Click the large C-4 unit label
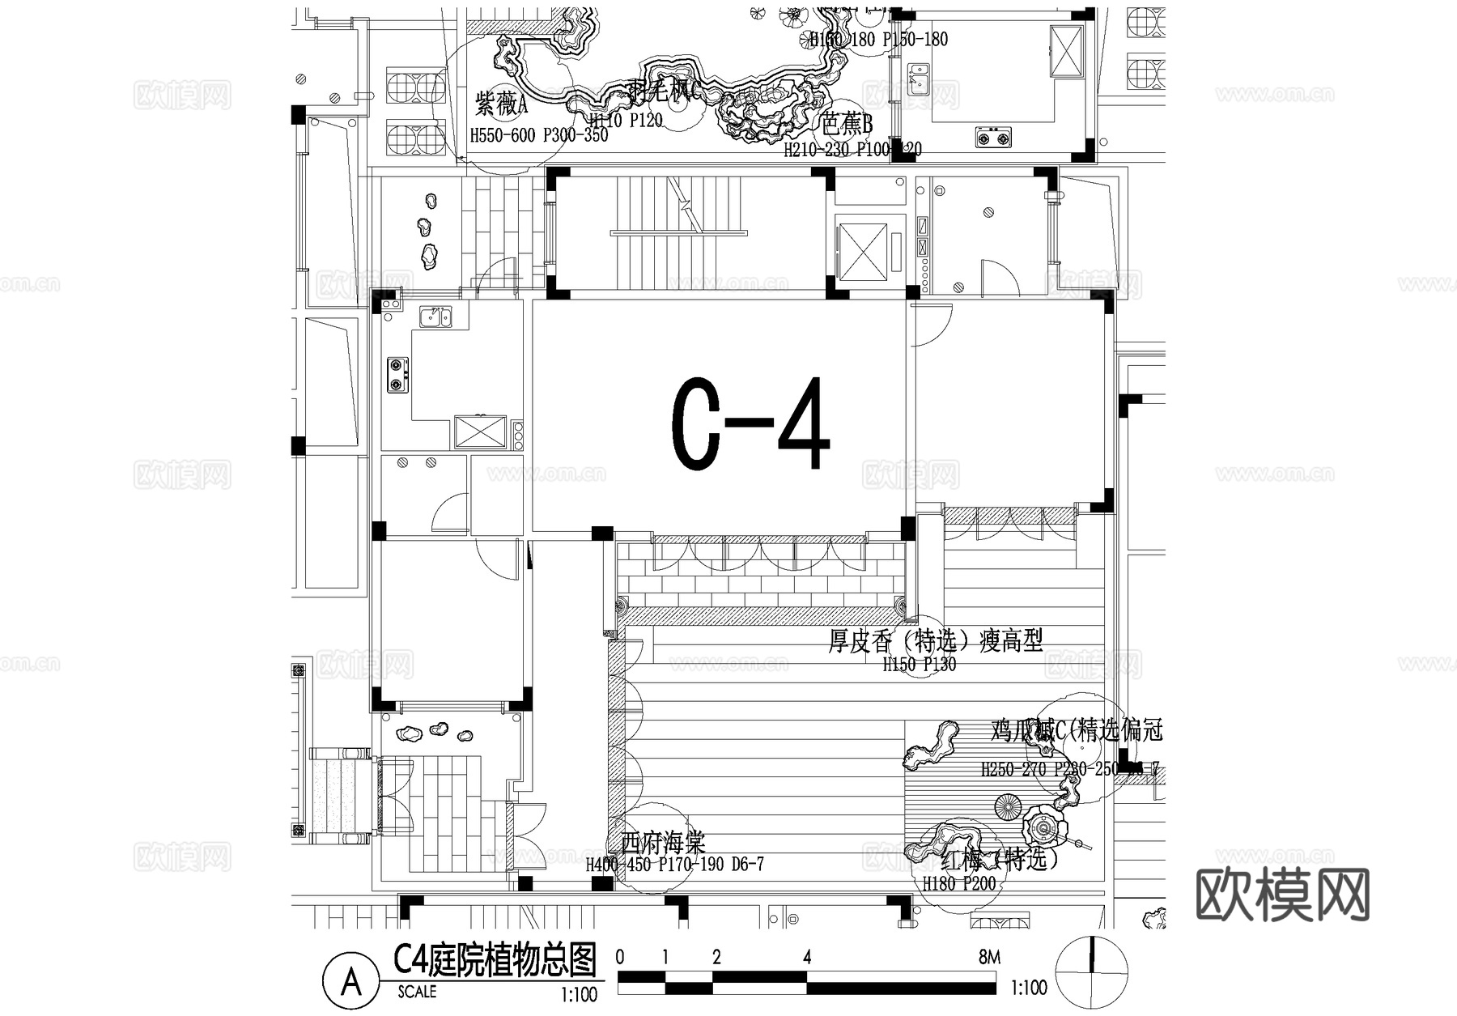pyautogui.click(x=750, y=424)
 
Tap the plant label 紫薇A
pyautogui.click(x=501, y=104)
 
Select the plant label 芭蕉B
pyautogui.click(x=847, y=125)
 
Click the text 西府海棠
pyautogui.click(x=663, y=844)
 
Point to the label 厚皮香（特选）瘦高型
pyautogui.click(x=935, y=641)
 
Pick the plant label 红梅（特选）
pyautogui.click(x=1000, y=858)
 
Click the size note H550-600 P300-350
pyautogui.click(x=539, y=135)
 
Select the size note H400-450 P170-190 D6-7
pyautogui.click(x=674, y=865)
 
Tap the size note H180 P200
pyautogui.click(x=959, y=883)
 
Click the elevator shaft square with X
pyautogui.click(x=861, y=249)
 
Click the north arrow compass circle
pyautogui.click(x=1093, y=970)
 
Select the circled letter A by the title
pyautogui.click(x=351, y=982)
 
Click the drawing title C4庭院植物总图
pyautogui.click(x=495, y=960)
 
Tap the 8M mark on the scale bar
pyautogui.click(x=988, y=958)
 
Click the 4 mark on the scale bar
pyautogui.click(x=807, y=958)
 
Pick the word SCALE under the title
pyautogui.click(x=417, y=992)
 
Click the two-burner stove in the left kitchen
pyautogui.click(x=397, y=374)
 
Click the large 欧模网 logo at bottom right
pyautogui.click(x=1282, y=895)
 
